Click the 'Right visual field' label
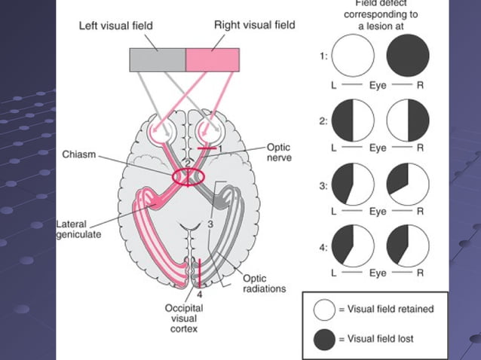[x=254, y=25]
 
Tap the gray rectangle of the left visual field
[x=157, y=59]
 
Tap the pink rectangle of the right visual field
[x=213, y=59]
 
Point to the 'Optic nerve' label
[x=278, y=153]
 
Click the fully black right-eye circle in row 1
[x=408, y=56]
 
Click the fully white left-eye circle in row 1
[x=353, y=56]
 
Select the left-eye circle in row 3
[x=353, y=184]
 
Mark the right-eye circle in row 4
[x=408, y=246]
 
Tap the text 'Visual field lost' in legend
[x=380, y=340]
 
